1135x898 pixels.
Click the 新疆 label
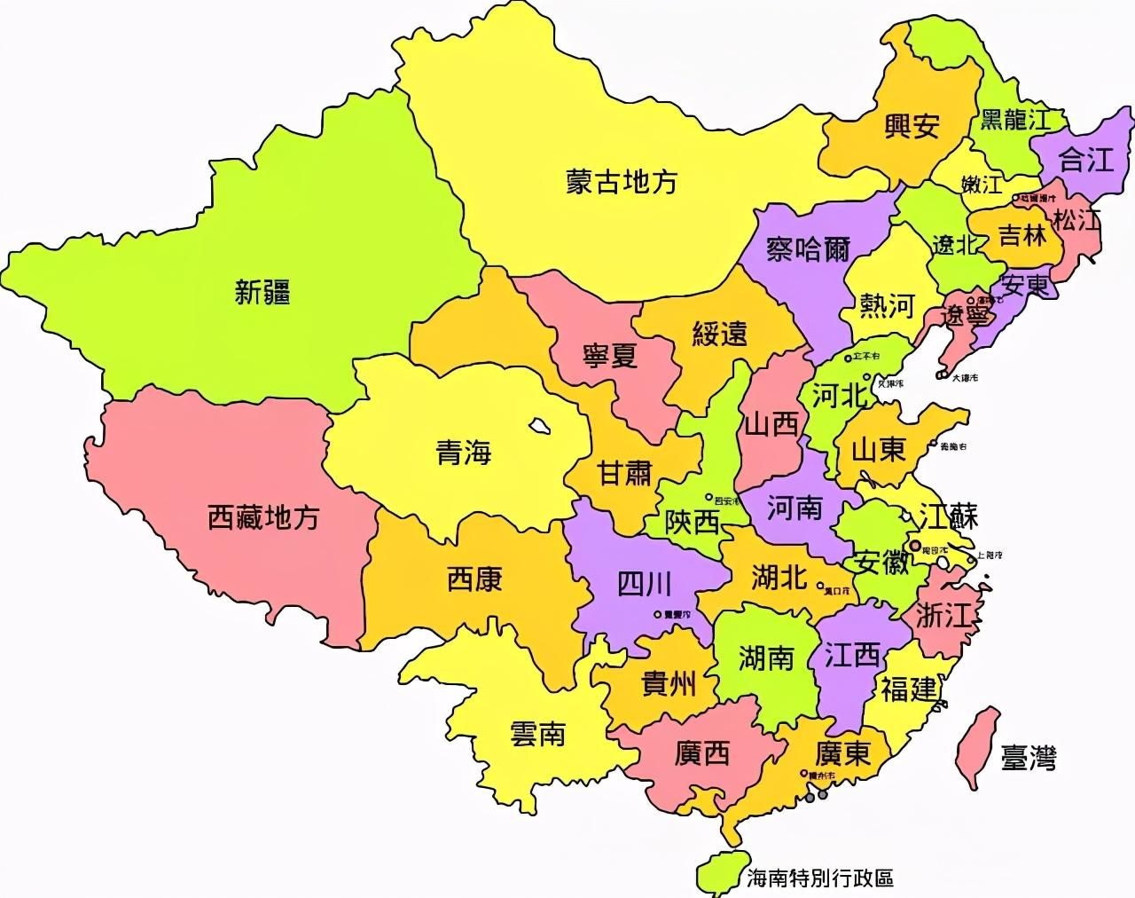(262, 292)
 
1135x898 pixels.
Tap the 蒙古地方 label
(621, 182)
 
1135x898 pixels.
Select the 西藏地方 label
(262, 517)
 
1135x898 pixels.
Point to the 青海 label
(463, 454)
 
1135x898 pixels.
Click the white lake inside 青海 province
(537, 427)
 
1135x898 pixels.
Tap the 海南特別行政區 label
(818, 878)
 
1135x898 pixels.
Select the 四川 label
(644, 585)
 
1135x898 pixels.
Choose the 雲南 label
(537, 734)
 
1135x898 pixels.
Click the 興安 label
(912, 127)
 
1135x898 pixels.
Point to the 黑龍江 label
(1014, 120)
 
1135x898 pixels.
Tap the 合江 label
(1086, 160)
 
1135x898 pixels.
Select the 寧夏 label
(610, 357)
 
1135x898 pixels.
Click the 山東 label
(878, 451)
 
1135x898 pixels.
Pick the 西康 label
(474, 579)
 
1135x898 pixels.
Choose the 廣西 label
(701, 753)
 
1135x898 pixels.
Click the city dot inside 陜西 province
(708, 497)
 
